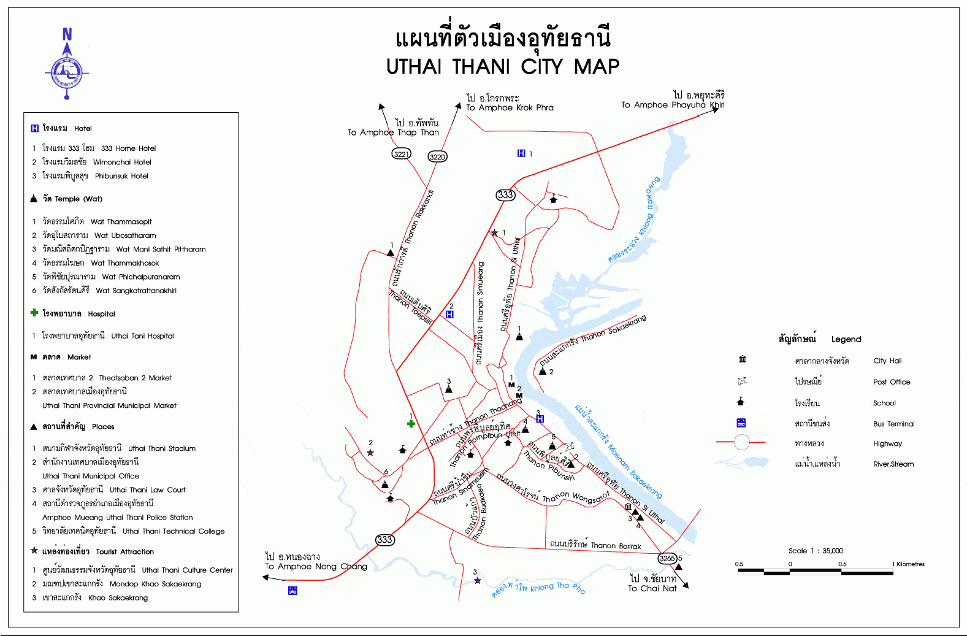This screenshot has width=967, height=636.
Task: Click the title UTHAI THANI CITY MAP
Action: click(x=502, y=66)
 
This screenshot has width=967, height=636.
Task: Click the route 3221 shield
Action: click(x=401, y=153)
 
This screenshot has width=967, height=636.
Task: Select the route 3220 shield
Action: click(x=437, y=156)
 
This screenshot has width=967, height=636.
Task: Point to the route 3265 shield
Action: click(x=667, y=558)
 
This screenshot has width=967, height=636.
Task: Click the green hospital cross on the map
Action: click(x=411, y=424)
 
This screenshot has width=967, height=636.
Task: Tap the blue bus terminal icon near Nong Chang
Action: click(x=292, y=591)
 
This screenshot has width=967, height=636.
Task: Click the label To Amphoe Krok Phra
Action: click(x=509, y=107)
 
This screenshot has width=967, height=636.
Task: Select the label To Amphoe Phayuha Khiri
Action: click(x=672, y=105)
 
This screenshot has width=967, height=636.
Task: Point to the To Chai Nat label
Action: click(x=652, y=588)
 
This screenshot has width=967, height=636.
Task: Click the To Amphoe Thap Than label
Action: click(x=392, y=132)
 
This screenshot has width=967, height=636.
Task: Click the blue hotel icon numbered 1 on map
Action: click(x=521, y=153)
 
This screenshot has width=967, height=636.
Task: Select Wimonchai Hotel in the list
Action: click(x=121, y=162)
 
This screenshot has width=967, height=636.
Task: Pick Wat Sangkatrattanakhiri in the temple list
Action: click(x=136, y=291)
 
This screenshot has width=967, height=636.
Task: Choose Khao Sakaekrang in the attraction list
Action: click(x=118, y=597)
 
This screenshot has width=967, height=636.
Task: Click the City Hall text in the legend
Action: click(x=887, y=361)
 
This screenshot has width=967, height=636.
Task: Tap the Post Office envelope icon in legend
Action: click(x=742, y=381)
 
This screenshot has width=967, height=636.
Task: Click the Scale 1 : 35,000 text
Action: click(x=816, y=551)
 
